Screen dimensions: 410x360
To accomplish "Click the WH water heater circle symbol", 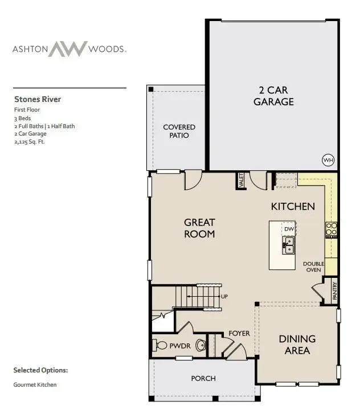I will coord(328,160).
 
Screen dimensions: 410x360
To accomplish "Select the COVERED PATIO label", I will coord(179,131).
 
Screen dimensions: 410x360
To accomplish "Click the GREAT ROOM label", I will coord(199,228).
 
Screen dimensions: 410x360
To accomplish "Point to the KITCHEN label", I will coord(293,206).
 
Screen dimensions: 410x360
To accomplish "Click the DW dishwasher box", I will coord(289,229).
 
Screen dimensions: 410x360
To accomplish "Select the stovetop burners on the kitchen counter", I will coord(331,229).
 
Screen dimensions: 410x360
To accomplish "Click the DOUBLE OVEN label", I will coord(313,267).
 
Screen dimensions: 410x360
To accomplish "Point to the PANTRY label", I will coord(335,291).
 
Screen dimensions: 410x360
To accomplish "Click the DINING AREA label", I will coord(297,345).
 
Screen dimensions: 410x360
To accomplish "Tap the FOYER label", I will coord(239,333).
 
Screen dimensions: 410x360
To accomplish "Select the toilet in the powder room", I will coord(201,345).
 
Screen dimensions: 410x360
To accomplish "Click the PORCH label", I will coord(203,378).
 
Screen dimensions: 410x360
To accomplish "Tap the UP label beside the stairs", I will coord(224,297).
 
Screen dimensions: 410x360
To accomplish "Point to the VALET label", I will coord(242,181).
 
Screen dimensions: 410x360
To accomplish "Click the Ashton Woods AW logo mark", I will coord(68,49).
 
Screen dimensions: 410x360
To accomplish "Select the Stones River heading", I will coord(38,99).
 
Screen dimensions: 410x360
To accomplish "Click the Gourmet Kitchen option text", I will coord(35,385).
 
